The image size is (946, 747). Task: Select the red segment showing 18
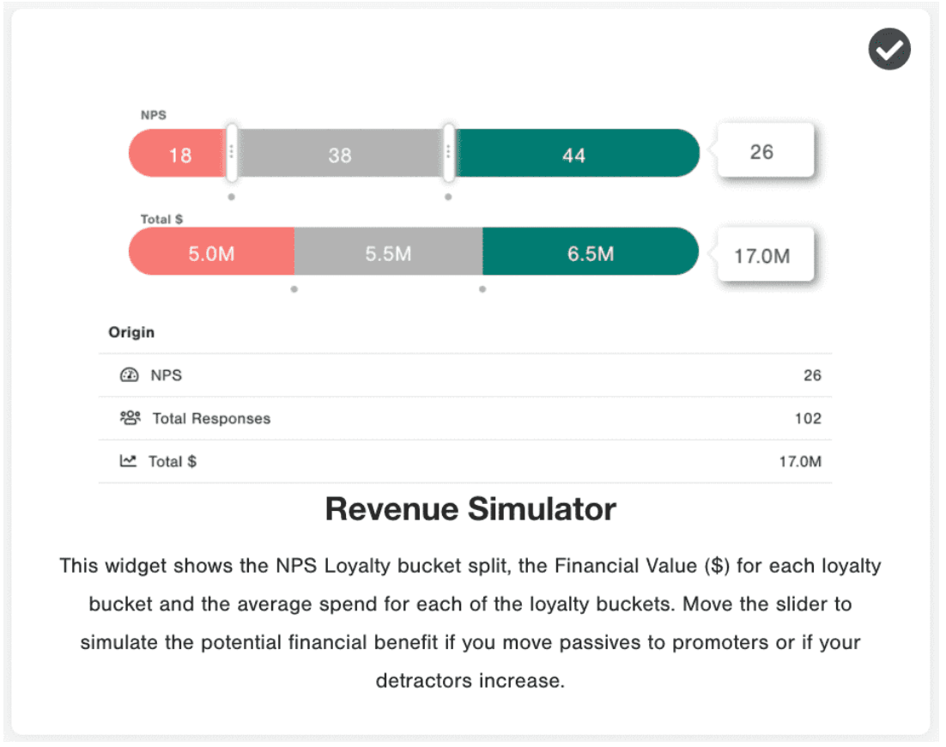179,155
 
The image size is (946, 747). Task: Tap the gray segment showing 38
340,155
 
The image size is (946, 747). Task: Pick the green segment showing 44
573,155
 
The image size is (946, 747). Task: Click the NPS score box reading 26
762,153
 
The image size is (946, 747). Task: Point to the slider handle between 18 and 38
232,153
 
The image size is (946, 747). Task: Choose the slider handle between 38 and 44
448,153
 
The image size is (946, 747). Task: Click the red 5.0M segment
211,253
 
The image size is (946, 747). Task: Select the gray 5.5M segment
388,253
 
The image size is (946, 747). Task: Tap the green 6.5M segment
591,253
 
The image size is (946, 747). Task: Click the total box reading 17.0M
762,256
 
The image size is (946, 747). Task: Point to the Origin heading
131,332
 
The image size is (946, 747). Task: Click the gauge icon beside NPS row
129,375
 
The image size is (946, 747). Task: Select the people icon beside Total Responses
130,418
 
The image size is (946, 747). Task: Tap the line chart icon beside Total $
128,461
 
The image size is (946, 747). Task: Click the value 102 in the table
808,419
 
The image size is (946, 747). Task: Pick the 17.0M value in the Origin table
800,462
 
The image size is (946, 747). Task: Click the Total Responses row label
211,419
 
